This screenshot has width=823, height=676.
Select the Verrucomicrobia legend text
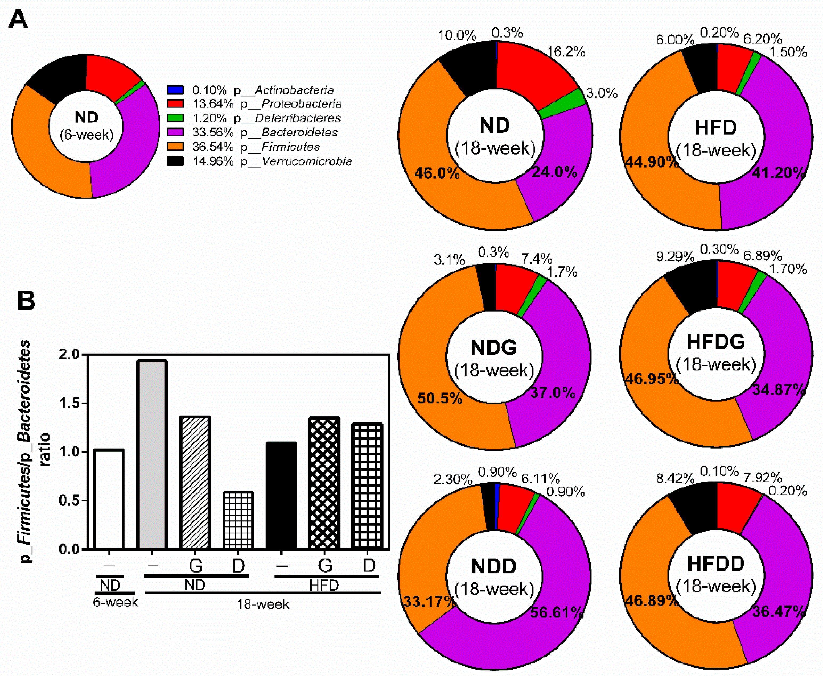tap(307, 161)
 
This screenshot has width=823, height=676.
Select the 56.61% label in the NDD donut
tap(556, 612)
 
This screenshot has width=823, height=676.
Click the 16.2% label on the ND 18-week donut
tap(566, 52)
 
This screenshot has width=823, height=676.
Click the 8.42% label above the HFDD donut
tap(675, 478)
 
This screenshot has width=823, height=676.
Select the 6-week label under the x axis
tap(115, 602)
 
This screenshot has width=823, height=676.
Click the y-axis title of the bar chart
tap(35, 452)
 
